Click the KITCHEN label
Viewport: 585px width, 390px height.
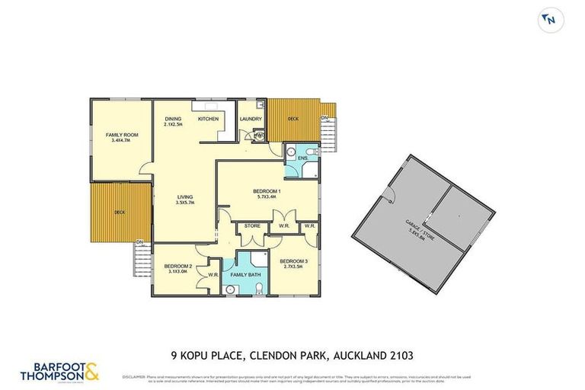[208, 119]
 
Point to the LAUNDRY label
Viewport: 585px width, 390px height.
[251, 119]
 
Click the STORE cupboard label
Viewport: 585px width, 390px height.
[252, 226]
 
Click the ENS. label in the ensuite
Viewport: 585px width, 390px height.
[302, 158]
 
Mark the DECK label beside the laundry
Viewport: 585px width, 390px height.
[293, 119]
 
